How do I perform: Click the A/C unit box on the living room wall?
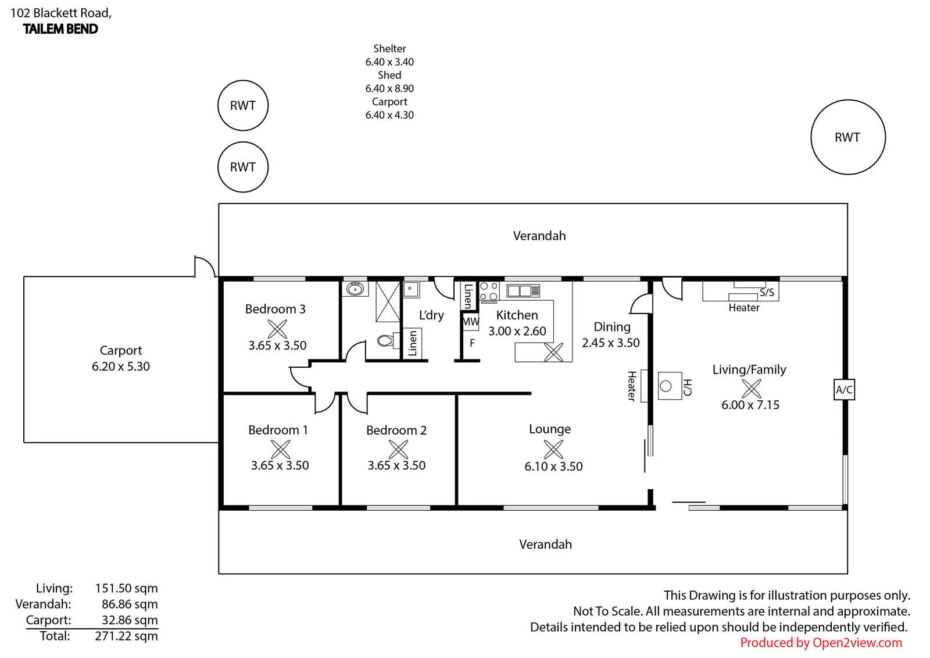844,389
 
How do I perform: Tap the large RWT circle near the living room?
811,137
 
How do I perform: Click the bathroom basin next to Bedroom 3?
355,289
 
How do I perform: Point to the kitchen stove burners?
489,291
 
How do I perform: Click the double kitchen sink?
523,290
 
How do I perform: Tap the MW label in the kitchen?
470,321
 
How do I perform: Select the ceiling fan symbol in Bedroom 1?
281,449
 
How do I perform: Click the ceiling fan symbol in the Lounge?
553,449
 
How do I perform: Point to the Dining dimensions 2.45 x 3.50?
610,343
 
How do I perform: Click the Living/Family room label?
749,369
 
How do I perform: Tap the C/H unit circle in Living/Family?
666,386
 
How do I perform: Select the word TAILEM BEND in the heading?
60,29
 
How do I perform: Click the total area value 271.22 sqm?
126,636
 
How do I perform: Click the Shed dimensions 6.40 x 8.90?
389,88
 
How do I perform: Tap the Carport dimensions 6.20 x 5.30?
121,367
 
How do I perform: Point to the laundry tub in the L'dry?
411,289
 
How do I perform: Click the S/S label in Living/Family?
767,293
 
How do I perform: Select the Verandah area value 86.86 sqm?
130,604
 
